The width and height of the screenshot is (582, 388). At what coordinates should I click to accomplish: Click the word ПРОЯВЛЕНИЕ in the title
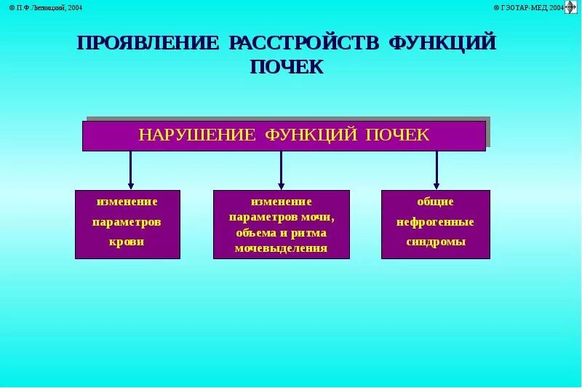point(148,43)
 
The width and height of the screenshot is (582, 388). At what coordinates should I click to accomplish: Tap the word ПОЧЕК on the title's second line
point(286,67)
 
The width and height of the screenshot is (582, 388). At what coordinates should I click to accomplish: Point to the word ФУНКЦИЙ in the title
point(442,43)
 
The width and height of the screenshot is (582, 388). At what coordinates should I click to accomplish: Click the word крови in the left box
point(127,242)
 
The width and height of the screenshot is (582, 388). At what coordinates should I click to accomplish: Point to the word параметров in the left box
point(127,222)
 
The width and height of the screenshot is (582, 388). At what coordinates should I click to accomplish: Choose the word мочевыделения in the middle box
point(281,248)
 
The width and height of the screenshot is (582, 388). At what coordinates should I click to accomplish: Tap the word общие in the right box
point(435,202)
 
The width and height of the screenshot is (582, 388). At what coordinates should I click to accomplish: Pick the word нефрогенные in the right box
point(435,222)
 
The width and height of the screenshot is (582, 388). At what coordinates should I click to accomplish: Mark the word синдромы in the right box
point(435,242)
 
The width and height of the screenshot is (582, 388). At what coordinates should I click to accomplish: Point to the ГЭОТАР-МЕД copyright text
point(530,7)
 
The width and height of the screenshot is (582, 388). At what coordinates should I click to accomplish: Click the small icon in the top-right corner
point(571,7)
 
